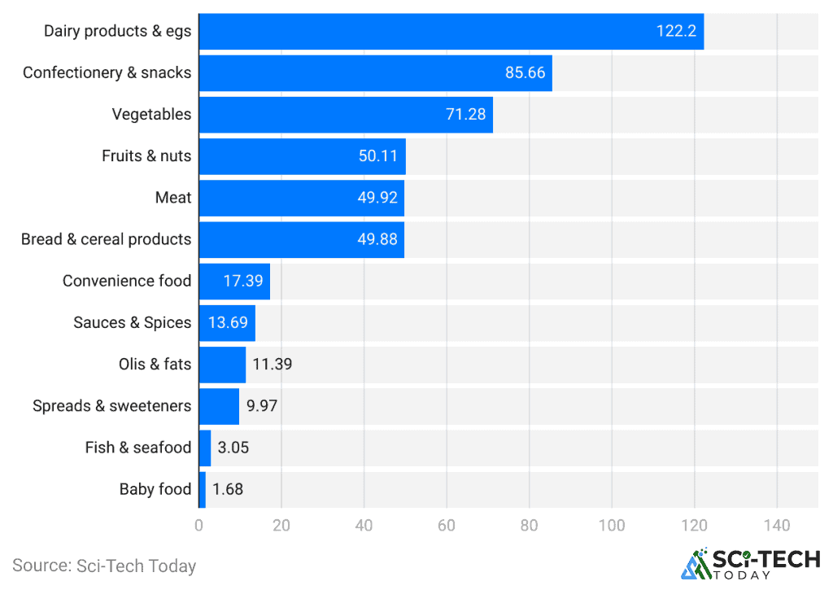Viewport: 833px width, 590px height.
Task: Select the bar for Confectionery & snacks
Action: (375, 72)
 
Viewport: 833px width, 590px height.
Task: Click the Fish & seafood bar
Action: (205, 448)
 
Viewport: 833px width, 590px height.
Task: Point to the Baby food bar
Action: (203, 489)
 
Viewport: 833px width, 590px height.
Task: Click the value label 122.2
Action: (676, 31)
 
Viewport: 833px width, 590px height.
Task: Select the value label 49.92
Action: (377, 198)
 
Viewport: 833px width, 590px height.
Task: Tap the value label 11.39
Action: (272, 364)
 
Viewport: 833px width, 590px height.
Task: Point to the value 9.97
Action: (262, 406)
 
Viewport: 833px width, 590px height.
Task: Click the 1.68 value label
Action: (228, 489)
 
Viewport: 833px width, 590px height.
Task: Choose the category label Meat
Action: (173, 198)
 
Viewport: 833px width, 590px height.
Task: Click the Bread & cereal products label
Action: (106, 239)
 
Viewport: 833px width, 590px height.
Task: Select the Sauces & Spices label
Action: (132, 322)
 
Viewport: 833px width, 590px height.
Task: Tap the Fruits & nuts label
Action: (146, 155)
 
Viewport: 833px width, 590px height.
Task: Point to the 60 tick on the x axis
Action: (447, 526)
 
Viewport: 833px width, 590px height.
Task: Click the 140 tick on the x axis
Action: (777, 526)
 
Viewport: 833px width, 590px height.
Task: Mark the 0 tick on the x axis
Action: (198, 526)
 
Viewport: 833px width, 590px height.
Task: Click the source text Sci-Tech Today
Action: (104, 565)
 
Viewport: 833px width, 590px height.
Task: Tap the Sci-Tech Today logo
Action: (749, 563)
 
